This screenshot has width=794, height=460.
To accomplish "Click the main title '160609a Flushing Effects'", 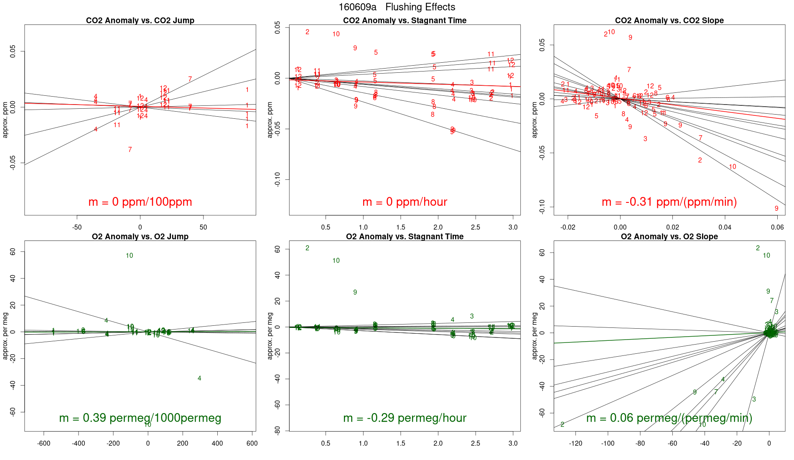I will pyautogui.click(x=397, y=7).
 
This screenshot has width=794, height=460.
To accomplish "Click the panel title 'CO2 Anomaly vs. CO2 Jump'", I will pyautogui.click(x=140, y=20).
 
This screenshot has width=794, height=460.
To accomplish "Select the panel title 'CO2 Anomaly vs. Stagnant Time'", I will pyautogui.click(x=405, y=20).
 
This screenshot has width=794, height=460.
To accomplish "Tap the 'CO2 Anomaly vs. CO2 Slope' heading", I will pyautogui.click(x=669, y=20).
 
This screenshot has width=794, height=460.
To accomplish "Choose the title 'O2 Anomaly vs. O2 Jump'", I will pyautogui.click(x=140, y=237).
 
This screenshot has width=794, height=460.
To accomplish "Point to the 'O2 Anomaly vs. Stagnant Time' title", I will pyautogui.click(x=405, y=237).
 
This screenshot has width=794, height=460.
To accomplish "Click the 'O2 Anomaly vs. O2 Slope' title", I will pyautogui.click(x=669, y=237).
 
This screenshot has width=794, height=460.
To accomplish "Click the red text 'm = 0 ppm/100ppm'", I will pyautogui.click(x=140, y=202).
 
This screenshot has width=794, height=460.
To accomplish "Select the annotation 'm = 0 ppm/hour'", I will pyautogui.click(x=405, y=202).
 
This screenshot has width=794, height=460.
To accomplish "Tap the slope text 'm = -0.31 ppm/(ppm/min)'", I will pyautogui.click(x=669, y=202).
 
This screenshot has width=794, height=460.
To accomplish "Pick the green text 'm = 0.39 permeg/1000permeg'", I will pyautogui.click(x=140, y=418).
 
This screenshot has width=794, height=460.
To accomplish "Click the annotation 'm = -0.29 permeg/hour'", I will pyautogui.click(x=405, y=418).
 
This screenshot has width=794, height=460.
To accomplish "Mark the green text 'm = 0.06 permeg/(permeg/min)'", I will pyautogui.click(x=669, y=418).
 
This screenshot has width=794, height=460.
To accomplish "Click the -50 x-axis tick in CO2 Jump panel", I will pyautogui.click(x=77, y=227).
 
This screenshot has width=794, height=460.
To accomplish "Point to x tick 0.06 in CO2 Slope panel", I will pyautogui.click(x=777, y=227).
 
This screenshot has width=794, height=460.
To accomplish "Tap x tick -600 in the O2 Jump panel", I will pyautogui.click(x=44, y=444).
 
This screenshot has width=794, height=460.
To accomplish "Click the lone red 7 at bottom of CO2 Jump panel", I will pyautogui.click(x=130, y=150).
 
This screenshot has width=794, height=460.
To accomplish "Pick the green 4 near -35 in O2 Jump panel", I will pyautogui.click(x=199, y=378).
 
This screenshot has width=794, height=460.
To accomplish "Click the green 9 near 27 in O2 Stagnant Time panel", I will pyautogui.click(x=355, y=292).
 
